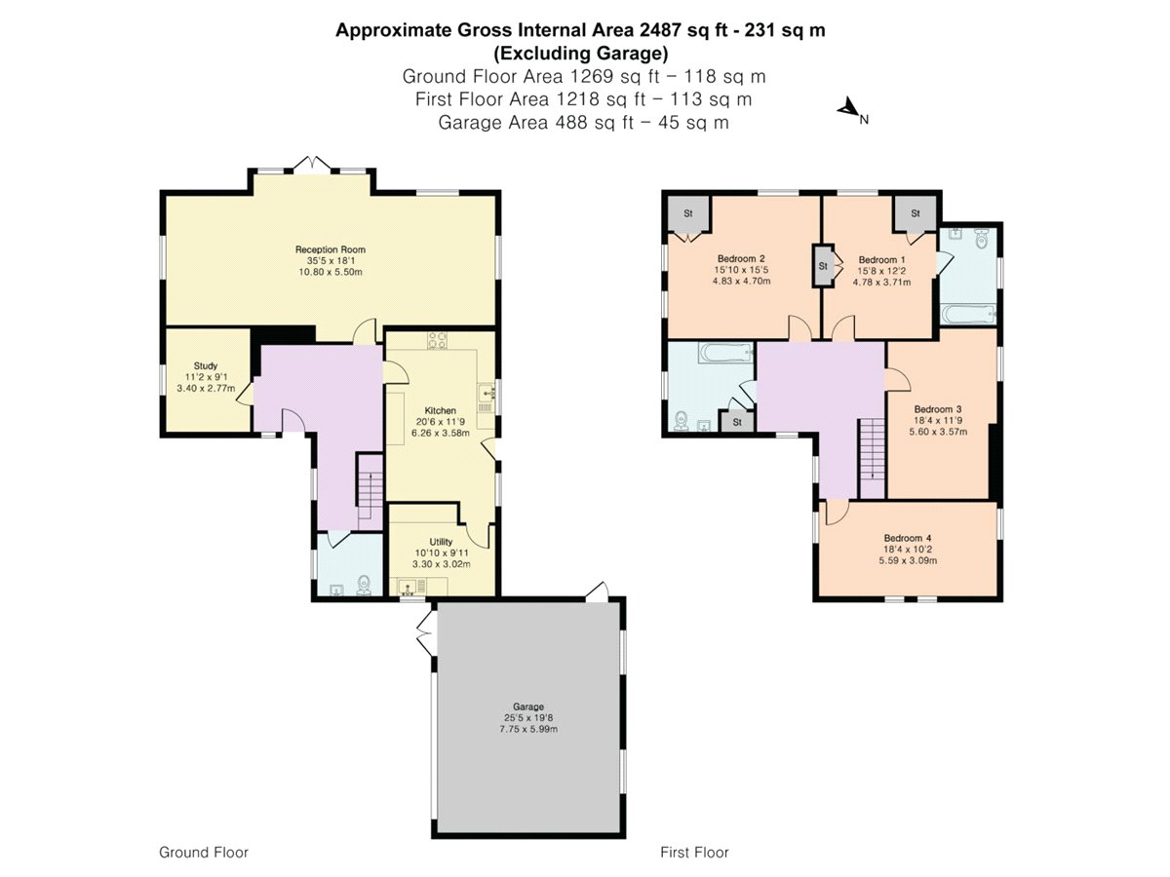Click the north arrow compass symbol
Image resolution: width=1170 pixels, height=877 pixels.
pos(849,110)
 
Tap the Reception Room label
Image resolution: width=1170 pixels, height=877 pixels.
pos(331,250)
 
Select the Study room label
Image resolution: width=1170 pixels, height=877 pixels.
pos(205,365)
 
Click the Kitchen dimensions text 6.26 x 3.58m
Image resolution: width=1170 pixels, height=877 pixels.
pos(440,433)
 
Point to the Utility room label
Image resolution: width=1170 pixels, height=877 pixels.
pos(441,542)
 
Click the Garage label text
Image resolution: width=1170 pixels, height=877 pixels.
pos(528,706)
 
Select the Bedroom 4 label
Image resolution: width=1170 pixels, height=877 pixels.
pos(908,538)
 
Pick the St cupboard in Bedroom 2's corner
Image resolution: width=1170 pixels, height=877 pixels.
pos(687,214)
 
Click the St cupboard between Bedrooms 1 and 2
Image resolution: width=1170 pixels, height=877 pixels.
pos(823,265)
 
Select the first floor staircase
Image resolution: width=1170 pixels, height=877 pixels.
pos(872,448)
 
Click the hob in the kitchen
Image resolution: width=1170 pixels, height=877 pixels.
pos(436,341)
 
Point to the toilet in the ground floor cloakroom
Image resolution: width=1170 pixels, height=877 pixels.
pos(364,584)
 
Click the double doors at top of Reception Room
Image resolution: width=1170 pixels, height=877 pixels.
pos(313,163)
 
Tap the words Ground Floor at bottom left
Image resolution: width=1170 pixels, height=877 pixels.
pos(204,852)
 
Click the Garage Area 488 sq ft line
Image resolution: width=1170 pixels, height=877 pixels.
pos(583,123)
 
